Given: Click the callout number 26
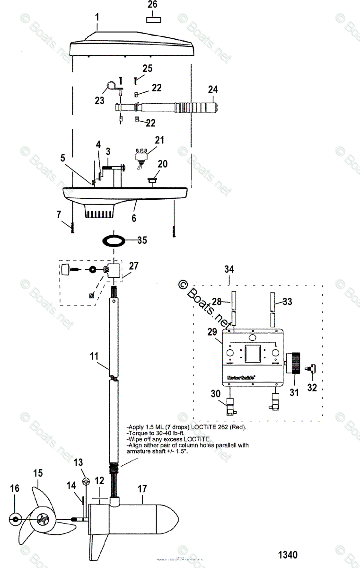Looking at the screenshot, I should pyautogui.click(x=152, y=5).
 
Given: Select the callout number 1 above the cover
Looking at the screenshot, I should pyautogui.click(x=97, y=18).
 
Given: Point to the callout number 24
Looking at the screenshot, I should pyautogui.click(x=213, y=89).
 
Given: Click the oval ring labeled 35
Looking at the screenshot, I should pyautogui.click(x=115, y=240).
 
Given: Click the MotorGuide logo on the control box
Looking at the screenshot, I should pyautogui.click(x=241, y=377).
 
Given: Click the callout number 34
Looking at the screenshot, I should pyautogui.click(x=229, y=269).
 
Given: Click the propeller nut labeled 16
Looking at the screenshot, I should pyautogui.click(x=15, y=519).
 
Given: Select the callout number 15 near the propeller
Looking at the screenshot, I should pyautogui.click(x=37, y=473).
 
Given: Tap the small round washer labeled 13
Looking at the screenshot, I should pyautogui.click(x=86, y=482).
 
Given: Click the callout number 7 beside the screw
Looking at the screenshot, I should pyautogui.click(x=59, y=214).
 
